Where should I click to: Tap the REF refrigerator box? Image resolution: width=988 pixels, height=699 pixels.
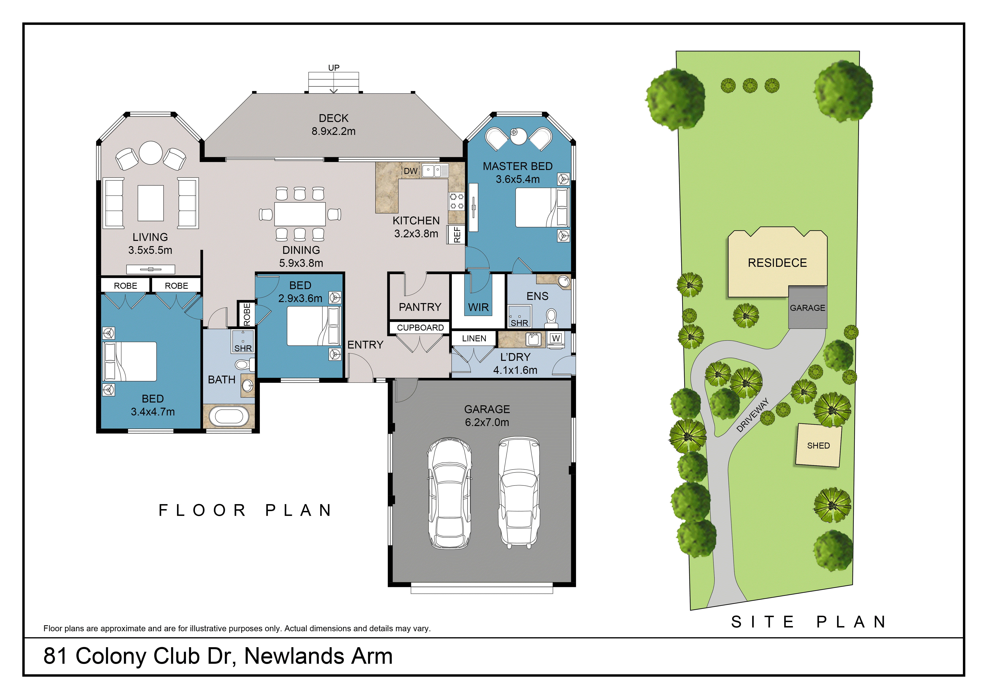pyautogui.click(x=457, y=235)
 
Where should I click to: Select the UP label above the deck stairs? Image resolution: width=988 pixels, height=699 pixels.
pyautogui.click(x=334, y=68)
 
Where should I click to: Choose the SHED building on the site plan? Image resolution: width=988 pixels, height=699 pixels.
pyautogui.click(x=818, y=445)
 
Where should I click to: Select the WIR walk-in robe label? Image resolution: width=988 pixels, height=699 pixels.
pyautogui.click(x=478, y=307)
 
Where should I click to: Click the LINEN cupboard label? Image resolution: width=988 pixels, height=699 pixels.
pyautogui.click(x=474, y=339)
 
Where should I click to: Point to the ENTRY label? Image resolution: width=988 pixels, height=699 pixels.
pyautogui.click(x=365, y=345)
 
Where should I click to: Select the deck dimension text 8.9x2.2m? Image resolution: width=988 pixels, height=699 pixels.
pyautogui.click(x=334, y=131)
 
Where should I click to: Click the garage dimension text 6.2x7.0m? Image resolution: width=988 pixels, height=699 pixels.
pyautogui.click(x=487, y=422)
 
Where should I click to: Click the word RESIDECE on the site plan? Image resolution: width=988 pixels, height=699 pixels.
pyautogui.click(x=777, y=263)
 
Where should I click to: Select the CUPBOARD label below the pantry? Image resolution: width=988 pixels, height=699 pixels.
pyautogui.click(x=420, y=328)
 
